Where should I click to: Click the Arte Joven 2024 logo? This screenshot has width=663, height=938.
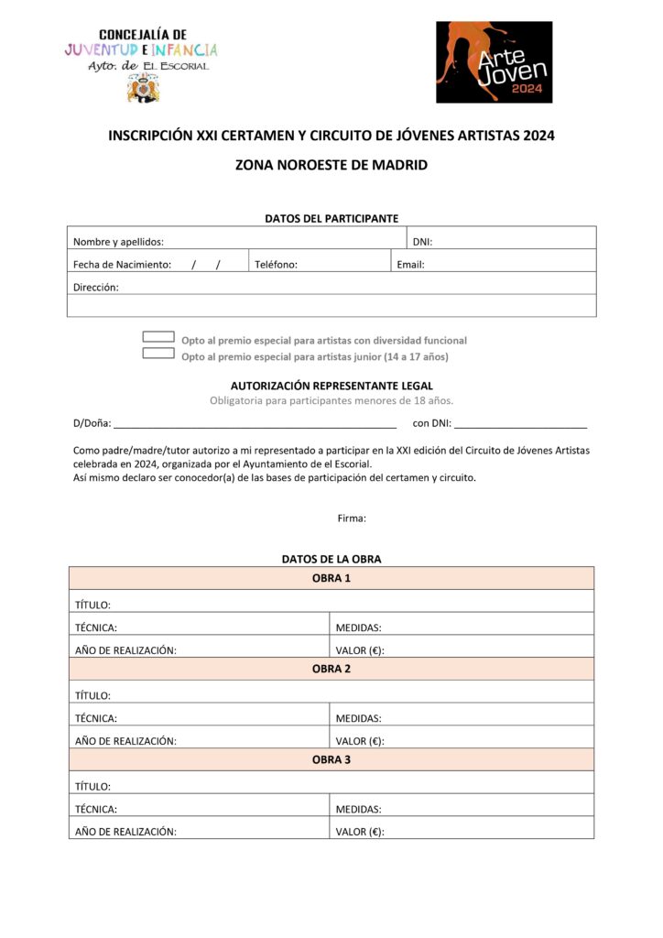(x=494, y=61)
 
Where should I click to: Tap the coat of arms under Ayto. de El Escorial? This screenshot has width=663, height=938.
(x=142, y=88)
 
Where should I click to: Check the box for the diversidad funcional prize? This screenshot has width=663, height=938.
(x=158, y=337)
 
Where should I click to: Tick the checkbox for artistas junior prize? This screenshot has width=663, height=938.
(x=158, y=354)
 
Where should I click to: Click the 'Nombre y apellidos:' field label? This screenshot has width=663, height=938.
(x=118, y=242)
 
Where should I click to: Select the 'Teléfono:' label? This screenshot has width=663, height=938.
(x=276, y=265)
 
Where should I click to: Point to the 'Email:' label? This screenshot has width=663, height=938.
(x=410, y=265)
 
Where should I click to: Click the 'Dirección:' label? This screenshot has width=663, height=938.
(x=96, y=287)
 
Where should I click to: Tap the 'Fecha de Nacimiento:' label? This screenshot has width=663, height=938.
(x=122, y=265)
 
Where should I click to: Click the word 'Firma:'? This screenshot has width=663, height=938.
(x=352, y=518)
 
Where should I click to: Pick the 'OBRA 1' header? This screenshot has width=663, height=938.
(x=331, y=578)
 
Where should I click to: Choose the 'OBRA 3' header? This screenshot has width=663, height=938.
(x=331, y=759)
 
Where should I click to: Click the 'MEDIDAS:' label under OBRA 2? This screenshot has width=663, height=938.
(x=358, y=718)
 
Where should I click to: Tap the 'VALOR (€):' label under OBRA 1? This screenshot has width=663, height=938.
(x=360, y=650)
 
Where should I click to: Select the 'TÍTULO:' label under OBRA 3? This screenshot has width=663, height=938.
(x=92, y=786)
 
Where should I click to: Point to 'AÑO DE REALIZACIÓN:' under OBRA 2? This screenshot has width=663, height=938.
(x=125, y=741)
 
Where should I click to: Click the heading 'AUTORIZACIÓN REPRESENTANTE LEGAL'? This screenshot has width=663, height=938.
(x=331, y=386)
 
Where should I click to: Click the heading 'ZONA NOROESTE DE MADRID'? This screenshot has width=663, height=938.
(x=331, y=166)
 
